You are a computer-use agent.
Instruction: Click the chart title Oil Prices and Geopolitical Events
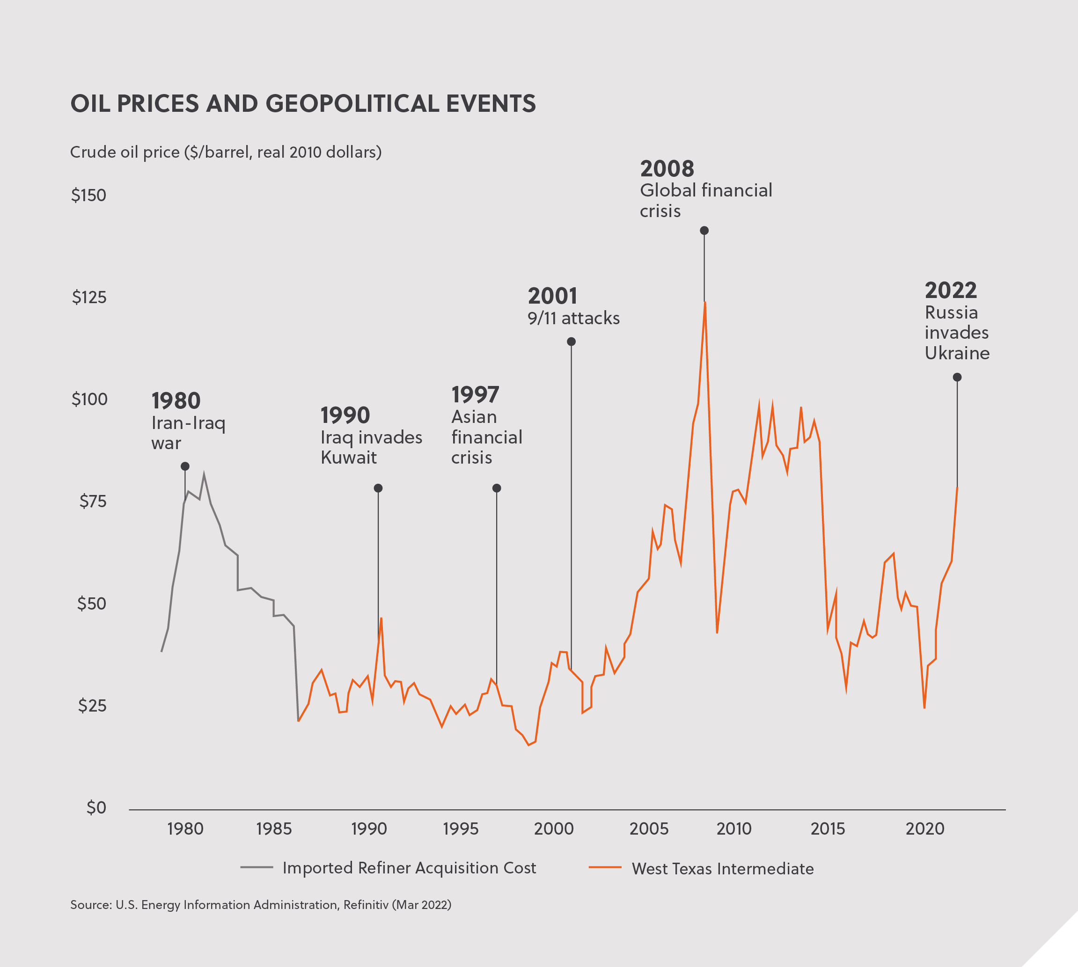tap(303, 103)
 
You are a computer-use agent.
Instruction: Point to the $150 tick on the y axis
tap(89, 196)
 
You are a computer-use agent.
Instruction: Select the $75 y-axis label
tap(93, 501)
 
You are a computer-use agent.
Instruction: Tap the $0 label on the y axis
tap(96, 807)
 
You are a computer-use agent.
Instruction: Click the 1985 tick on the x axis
tap(274, 829)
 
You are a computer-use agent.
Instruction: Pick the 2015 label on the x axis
tap(828, 829)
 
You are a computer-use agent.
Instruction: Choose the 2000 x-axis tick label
tap(553, 829)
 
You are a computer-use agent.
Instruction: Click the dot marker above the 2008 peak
tap(704, 231)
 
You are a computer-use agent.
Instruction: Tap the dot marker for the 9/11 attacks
tap(572, 342)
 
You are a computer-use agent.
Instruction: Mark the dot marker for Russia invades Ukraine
tap(957, 377)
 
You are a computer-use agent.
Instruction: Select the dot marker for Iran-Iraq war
tap(185, 466)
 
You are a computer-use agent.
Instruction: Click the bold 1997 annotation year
tap(475, 395)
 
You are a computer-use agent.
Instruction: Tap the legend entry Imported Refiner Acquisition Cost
tap(409, 868)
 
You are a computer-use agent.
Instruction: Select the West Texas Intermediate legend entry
tap(722, 869)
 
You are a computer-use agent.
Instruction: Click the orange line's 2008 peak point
tap(705, 303)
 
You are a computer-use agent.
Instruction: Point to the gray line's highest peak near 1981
tap(204, 474)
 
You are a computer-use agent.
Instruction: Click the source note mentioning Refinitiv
tap(260, 905)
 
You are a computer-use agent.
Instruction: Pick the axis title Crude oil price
tap(226, 153)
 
